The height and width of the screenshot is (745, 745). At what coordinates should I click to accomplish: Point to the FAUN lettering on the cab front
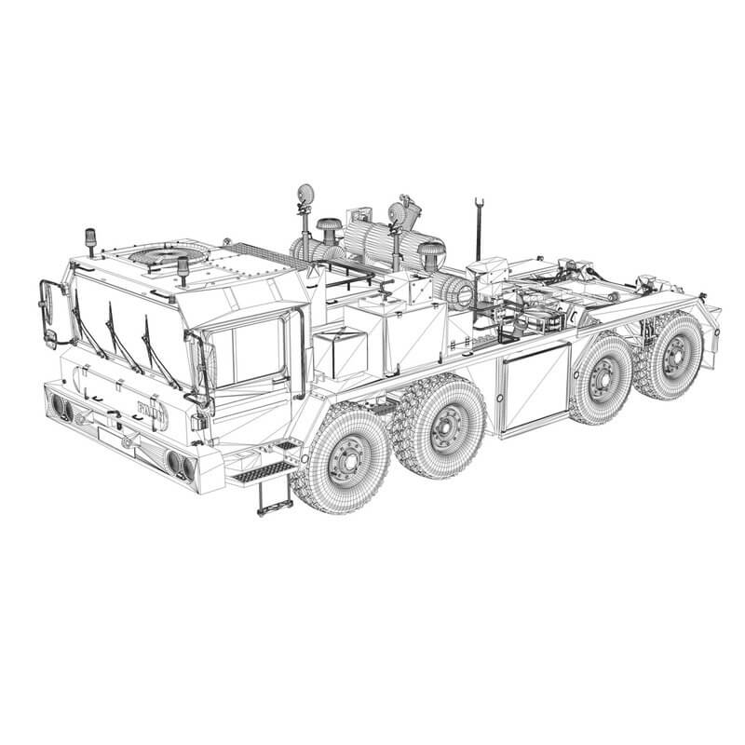point(148,409)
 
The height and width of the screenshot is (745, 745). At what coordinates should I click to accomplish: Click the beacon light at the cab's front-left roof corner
point(90,239)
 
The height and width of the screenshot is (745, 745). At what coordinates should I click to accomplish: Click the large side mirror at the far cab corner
point(51,311)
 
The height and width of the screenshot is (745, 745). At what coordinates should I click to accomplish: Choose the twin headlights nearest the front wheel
point(179,462)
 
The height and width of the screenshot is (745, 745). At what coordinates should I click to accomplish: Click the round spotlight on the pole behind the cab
point(305,196)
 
